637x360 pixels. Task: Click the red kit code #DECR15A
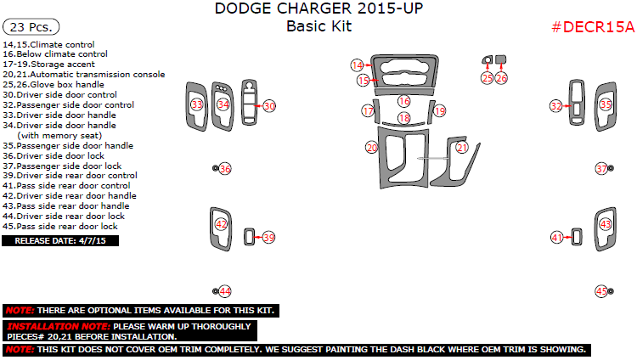coord(593,27)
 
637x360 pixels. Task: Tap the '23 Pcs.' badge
coord(31,27)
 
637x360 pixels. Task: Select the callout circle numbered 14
coord(358,65)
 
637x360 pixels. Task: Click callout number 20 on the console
coord(371,147)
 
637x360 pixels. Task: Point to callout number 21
coord(462,147)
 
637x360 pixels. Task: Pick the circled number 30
coord(269,106)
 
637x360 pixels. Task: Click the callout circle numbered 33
coord(197,105)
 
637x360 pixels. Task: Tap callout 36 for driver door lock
coord(225,169)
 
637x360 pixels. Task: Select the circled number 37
coord(601,169)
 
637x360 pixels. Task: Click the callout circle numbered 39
coord(268,238)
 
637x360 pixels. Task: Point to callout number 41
coord(557,238)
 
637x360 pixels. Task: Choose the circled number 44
coord(225,291)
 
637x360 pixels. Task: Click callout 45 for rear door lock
coord(601,291)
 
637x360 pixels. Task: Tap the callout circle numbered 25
coord(487,77)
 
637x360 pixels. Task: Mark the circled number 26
coord(501,77)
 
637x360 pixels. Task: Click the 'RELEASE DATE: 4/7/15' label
coord(60,240)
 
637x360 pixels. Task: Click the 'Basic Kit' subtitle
coord(318,26)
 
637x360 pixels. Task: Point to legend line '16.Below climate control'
coord(55,54)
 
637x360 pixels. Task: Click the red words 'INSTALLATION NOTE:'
coord(58,326)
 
